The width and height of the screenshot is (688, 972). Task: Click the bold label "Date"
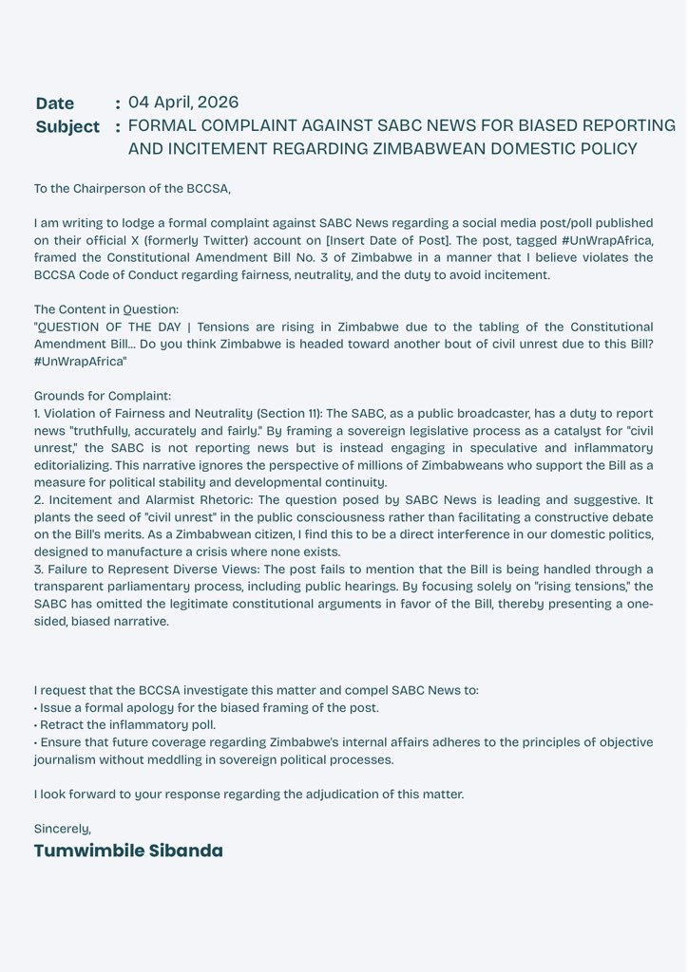[x=54, y=103]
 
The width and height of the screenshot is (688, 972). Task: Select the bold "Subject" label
[x=67, y=126]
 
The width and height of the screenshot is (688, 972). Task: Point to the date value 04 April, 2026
[x=183, y=103]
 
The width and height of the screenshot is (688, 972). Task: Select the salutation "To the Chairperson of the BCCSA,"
[x=132, y=189]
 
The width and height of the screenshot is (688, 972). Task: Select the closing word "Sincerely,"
[x=63, y=829]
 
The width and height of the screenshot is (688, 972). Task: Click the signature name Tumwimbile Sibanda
[x=128, y=850]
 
